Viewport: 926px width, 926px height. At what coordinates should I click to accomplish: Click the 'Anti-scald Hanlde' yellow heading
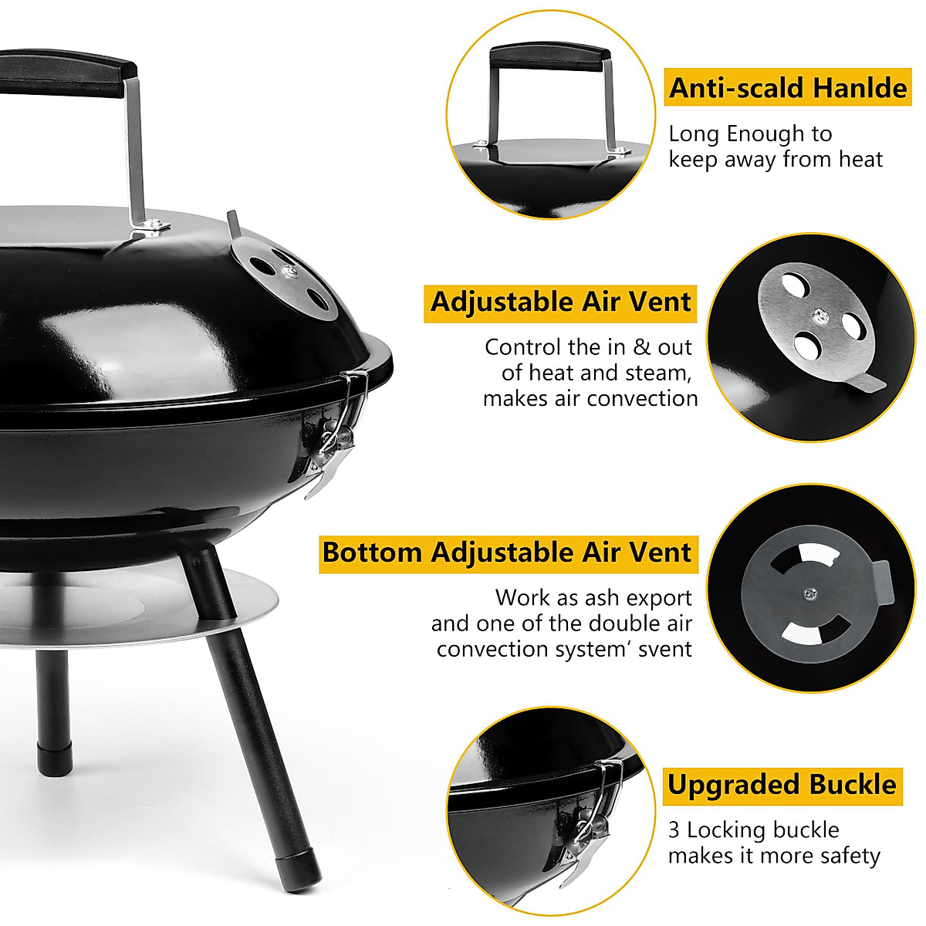[x=787, y=88]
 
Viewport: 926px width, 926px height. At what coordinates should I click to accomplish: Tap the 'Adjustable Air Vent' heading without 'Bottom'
[x=560, y=302]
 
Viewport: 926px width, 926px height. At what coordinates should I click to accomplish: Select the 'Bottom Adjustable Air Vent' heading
[x=507, y=553]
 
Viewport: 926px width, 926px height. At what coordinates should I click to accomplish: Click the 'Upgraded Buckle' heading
[x=782, y=786]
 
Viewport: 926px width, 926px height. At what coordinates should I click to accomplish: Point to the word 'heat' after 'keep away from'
[x=857, y=160]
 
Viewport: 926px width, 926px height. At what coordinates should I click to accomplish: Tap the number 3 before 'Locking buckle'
[x=674, y=830]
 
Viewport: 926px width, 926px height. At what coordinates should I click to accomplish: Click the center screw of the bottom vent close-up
[x=809, y=593]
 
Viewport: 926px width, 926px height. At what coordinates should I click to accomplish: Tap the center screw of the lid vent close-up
[x=818, y=314]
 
